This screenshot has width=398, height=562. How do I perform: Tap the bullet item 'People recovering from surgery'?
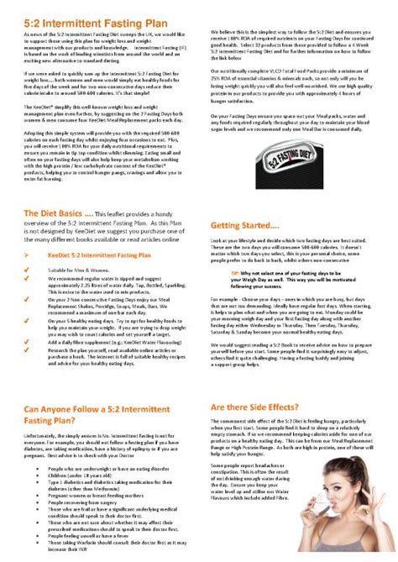(85, 502)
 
